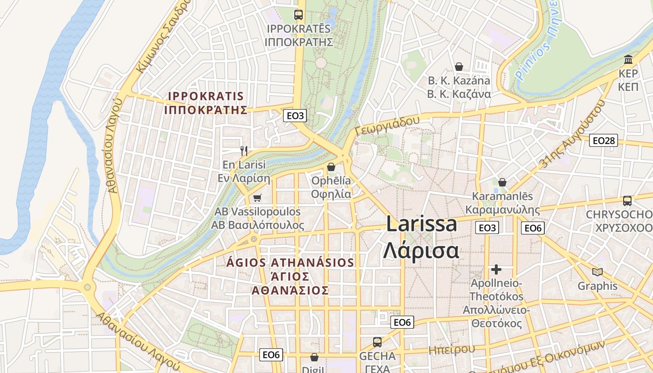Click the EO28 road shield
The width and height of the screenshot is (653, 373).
coord(603,140)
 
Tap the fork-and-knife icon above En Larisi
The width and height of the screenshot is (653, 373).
coord(243,151)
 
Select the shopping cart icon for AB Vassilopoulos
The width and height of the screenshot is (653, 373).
coord(257,198)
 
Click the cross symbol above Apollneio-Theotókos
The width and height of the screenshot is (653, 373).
coord(496,269)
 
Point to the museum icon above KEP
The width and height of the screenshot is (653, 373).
coord(628,60)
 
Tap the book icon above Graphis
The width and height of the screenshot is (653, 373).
coord(597,272)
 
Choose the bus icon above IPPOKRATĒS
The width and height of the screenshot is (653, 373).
coord(299,14)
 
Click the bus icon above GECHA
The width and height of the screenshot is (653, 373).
coord(377,342)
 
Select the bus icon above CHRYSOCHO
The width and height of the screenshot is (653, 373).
coord(627,201)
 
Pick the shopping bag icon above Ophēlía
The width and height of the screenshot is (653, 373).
coord(331,166)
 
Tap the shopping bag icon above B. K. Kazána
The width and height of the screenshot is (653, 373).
coord(459,67)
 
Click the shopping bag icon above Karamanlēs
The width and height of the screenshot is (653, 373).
coord(502,182)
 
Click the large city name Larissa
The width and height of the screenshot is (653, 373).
coord(421,224)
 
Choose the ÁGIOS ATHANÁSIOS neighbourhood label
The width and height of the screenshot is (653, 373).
coord(290,262)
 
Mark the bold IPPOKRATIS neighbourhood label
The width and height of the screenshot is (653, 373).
coord(206,97)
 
